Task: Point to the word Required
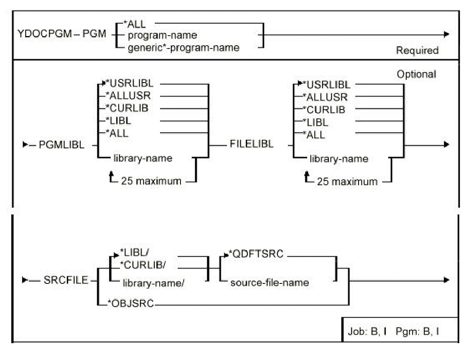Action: (x=417, y=51)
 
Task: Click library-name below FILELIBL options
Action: (x=338, y=159)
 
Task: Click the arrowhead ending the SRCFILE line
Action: (x=446, y=280)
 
